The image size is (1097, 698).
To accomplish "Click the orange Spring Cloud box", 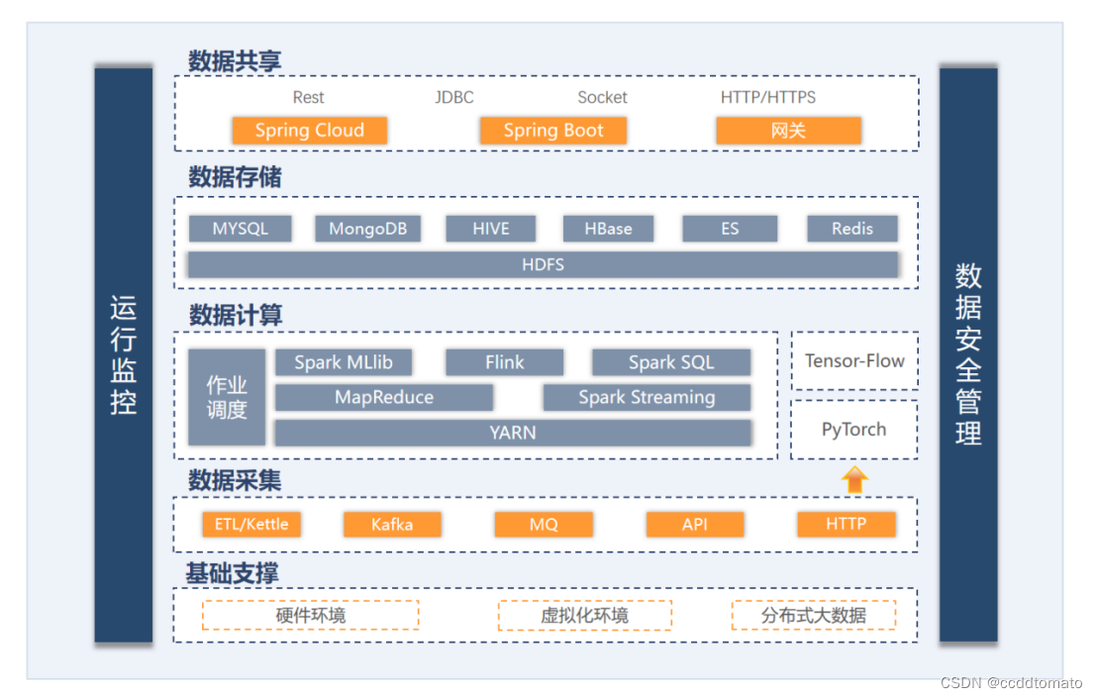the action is (x=309, y=130).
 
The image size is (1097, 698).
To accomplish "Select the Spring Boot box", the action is (x=552, y=130).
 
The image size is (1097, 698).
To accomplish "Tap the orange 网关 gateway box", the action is (x=788, y=130).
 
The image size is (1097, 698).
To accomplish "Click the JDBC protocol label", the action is (x=454, y=97).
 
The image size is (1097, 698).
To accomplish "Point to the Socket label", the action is (x=602, y=97).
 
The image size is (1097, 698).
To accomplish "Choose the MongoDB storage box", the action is (x=368, y=229).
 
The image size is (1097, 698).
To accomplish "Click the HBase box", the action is (x=608, y=229).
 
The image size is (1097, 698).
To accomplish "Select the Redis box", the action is (x=852, y=229).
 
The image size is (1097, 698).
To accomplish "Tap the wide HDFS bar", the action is (x=543, y=264).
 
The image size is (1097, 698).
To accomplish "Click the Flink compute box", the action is (x=504, y=362).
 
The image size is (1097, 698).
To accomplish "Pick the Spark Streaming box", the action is (x=647, y=397).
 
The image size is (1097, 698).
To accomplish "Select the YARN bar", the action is (x=513, y=433).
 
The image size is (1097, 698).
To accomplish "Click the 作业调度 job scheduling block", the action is (x=227, y=397).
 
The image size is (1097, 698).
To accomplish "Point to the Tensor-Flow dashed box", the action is (x=854, y=361).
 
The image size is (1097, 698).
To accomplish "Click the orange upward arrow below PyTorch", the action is (x=854, y=480).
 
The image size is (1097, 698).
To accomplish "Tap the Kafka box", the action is (x=392, y=525).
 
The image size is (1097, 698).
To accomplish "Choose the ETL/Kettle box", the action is (x=251, y=525).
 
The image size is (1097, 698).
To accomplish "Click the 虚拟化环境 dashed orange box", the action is (x=585, y=616).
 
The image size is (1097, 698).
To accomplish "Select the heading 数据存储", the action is (x=235, y=177).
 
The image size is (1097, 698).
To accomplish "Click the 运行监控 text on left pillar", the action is (x=123, y=355).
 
